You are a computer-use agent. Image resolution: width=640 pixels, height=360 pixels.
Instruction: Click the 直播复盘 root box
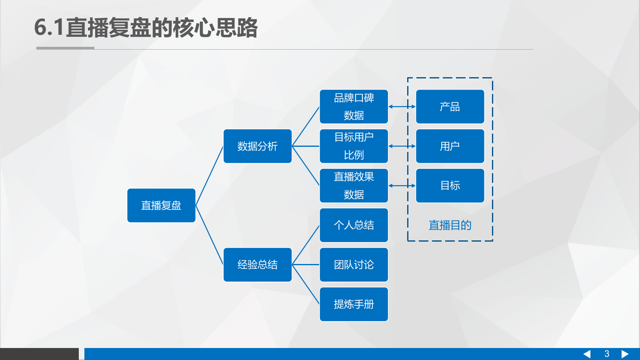(161, 205)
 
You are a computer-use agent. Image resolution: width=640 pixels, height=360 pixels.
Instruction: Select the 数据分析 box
(257, 146)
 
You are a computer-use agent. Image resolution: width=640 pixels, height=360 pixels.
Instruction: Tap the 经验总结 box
(257, 264)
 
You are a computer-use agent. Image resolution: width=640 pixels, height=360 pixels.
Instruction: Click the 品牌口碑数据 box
(354, 106)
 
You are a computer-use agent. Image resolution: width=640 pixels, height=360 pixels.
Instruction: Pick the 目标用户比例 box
(354, 146)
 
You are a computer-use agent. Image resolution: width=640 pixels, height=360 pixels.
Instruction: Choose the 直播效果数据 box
(354, 186)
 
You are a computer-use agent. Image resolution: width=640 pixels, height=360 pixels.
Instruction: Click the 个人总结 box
(354, 225)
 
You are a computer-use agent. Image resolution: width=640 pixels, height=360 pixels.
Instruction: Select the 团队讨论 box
(354, 264)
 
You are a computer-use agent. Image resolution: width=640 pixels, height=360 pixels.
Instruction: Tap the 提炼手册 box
(354, 304)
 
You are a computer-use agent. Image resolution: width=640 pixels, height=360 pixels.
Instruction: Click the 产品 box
(450, 106)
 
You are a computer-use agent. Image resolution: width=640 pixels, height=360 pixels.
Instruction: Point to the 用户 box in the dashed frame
(450, 146)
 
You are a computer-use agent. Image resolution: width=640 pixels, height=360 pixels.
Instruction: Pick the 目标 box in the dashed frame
(450, 186)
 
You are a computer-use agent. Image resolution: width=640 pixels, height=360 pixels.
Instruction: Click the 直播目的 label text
(450, 225)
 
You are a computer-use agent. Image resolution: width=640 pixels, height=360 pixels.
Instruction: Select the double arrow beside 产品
(402, 106)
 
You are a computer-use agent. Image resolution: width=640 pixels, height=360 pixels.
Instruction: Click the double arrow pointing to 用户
(402, 146)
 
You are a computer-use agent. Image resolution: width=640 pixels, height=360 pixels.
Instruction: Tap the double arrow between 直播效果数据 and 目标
(402, 186)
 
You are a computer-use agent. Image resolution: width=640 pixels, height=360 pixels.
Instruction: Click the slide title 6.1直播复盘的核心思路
(146, 28)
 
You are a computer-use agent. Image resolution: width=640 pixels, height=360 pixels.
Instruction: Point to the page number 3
(607, 354)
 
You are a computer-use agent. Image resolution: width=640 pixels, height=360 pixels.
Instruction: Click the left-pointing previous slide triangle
(587, 354)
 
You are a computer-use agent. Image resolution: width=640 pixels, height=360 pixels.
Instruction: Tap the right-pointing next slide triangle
(625, 354)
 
